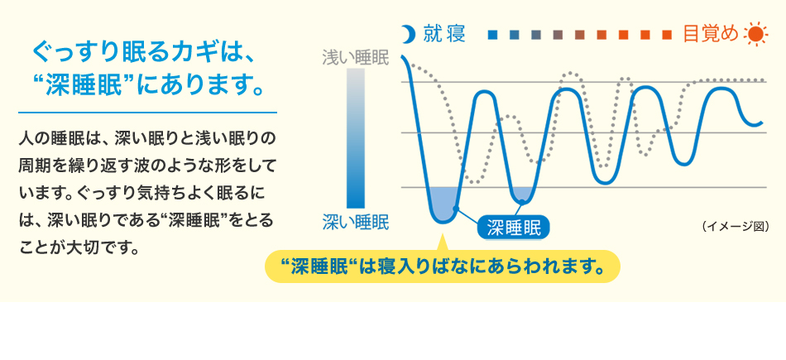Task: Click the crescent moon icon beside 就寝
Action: click(406, 35)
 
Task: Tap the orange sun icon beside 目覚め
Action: click(756, 35)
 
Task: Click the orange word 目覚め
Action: click(710, 35)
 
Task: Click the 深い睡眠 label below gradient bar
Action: click(355, 221)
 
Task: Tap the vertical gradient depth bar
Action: click(355, 137)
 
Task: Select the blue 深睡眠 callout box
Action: click(513, 227)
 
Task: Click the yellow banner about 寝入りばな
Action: click(442, 267)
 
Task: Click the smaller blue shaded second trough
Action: click(523, 195)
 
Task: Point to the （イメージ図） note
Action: click(735, 225)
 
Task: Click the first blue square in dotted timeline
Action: click(493, 36)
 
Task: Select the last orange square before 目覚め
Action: click(667, 36)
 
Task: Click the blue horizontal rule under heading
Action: click(147, 112)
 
